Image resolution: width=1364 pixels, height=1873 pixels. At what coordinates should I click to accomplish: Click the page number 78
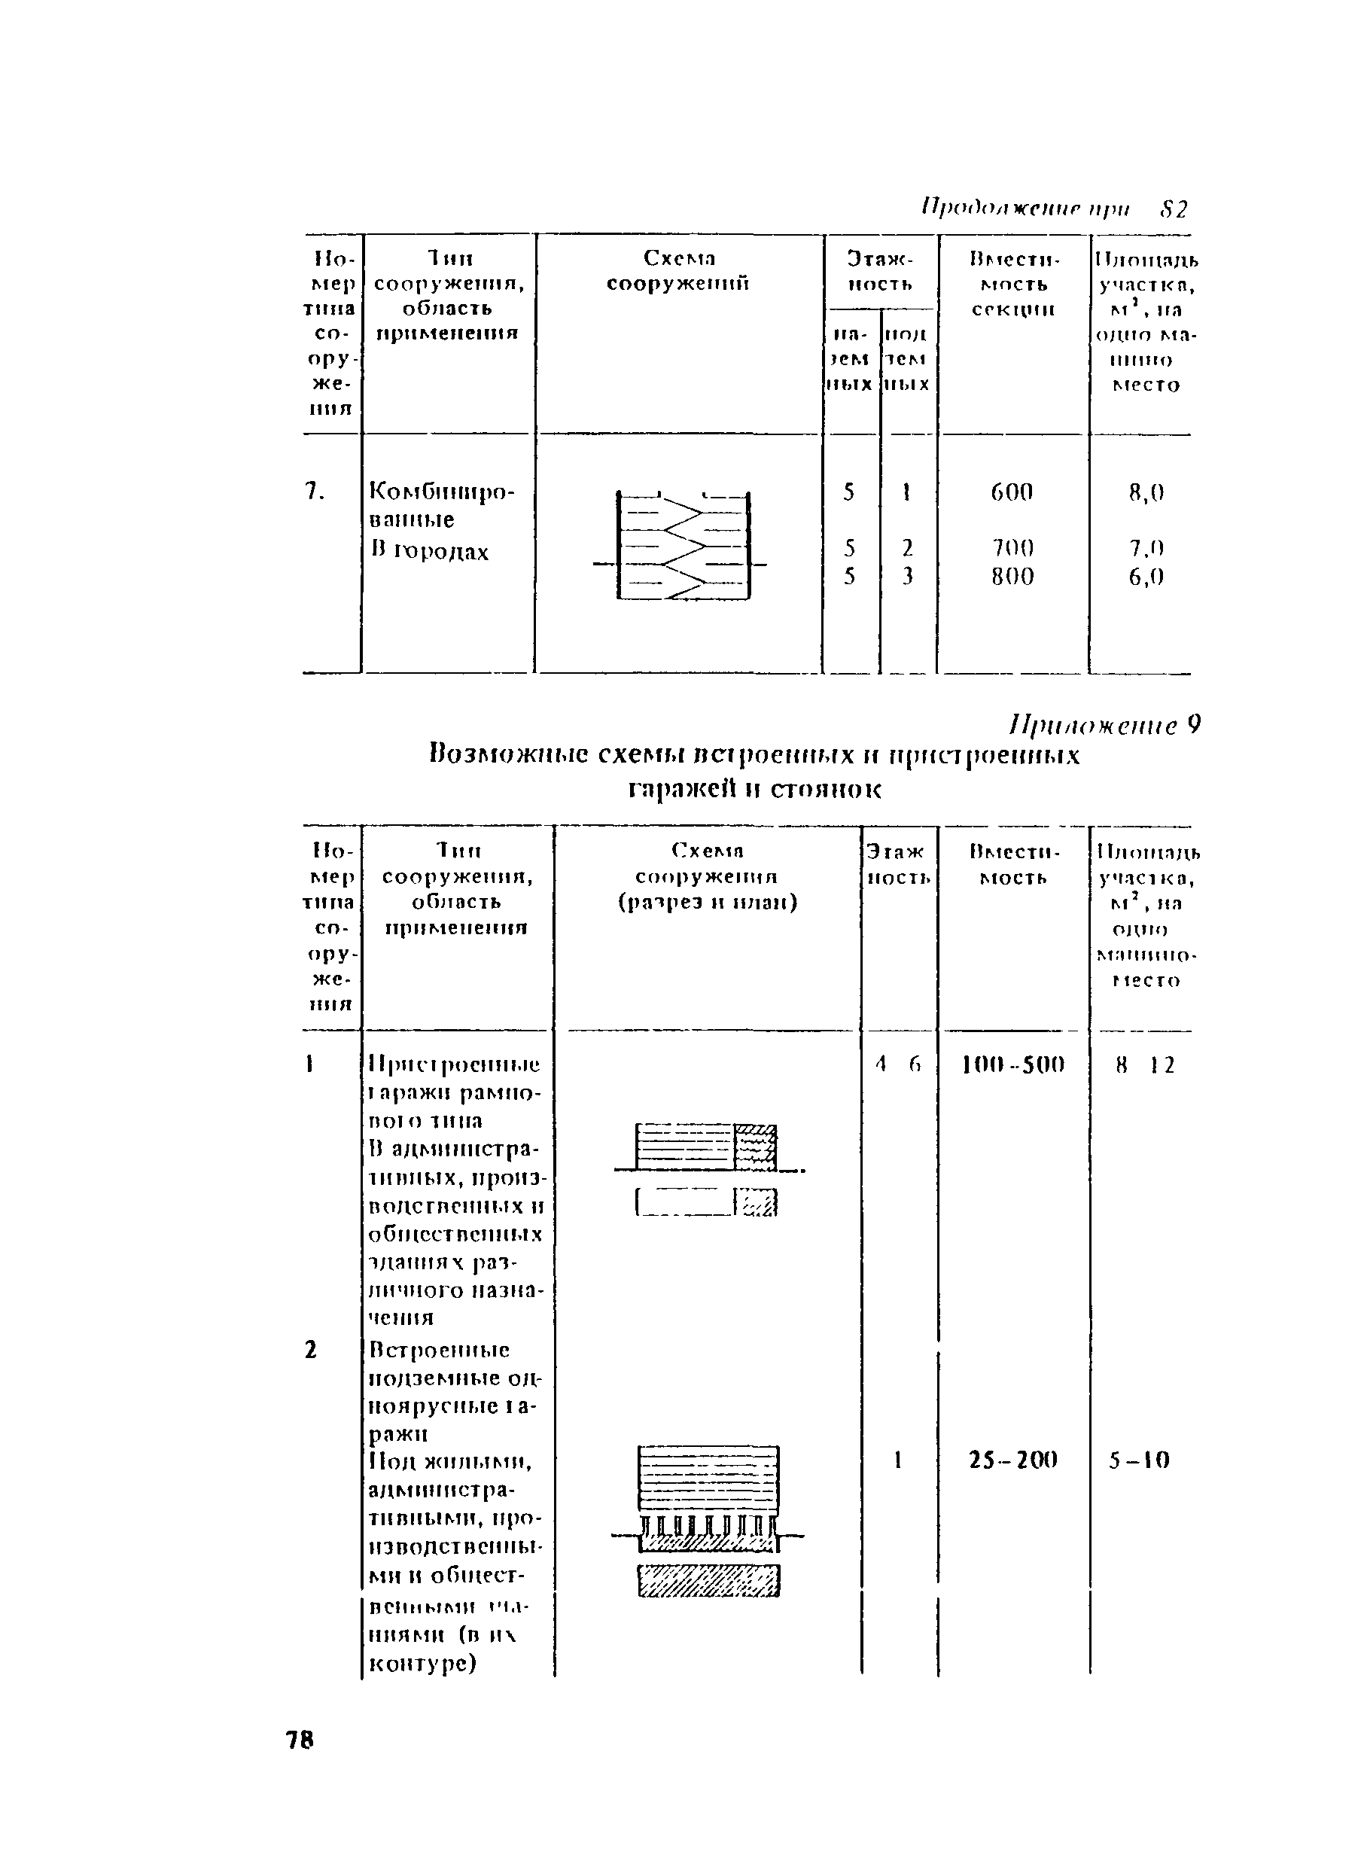(300, 1740)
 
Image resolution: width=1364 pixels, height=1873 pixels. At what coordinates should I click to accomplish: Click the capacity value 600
(1012, 492)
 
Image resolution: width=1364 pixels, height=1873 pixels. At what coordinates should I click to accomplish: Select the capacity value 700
(1012, 547)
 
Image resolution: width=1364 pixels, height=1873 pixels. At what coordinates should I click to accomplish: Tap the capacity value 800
(1012, 577)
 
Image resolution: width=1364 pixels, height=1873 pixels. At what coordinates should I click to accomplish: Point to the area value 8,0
(1145, 493)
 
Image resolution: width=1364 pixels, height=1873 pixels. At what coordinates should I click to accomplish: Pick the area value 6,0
(1145, 577)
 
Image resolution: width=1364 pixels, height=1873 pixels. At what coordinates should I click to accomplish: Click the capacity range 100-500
(1013, 1064)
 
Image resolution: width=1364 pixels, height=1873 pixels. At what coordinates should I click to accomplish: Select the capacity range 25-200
(1013, 1461)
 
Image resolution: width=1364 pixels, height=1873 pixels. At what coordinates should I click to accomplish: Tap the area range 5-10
(1140, 1461)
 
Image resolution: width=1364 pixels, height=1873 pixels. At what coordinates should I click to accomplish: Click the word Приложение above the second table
(1093, 726)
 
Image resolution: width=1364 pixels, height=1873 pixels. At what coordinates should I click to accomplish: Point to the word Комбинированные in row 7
(441, 505)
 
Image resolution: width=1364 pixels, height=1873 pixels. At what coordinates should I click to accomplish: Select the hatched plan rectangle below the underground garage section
(708, 1581)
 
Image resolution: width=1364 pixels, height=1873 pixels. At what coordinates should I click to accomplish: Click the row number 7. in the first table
(314, 492)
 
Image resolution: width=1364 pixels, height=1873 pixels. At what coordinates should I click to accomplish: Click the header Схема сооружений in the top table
(678, 271)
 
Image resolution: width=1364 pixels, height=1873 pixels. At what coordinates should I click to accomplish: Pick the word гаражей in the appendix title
(681, 790)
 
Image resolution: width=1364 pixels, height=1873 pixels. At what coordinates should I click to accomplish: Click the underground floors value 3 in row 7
(906, 577)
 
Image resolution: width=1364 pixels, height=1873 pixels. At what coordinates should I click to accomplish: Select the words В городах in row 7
(429, 551)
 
